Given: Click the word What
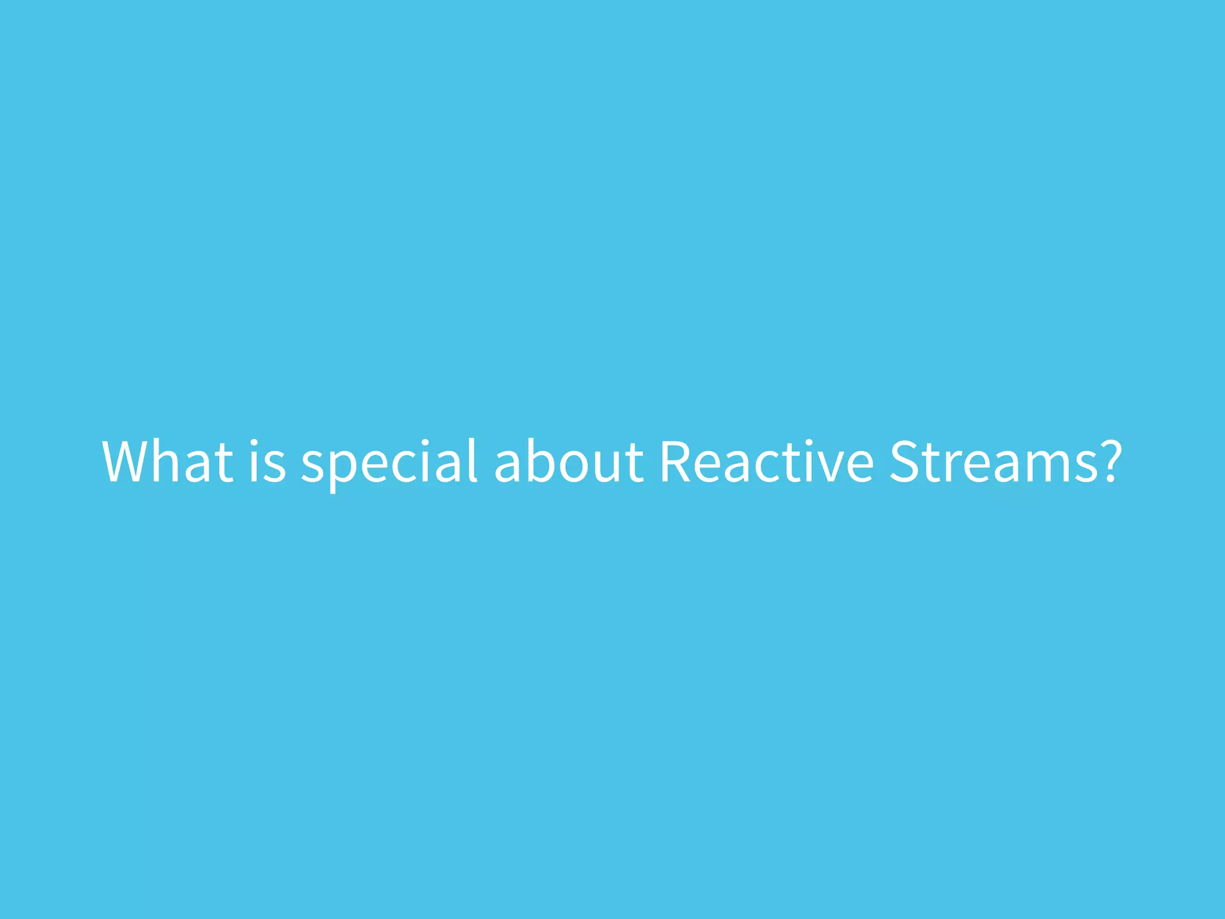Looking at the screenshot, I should (x=168, y=461).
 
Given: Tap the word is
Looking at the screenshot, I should (x=267, y=461).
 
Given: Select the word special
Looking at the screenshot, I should (x=389, y=461).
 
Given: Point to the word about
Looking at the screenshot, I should (x=569, y=461).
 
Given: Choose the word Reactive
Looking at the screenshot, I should (x=766, y=461).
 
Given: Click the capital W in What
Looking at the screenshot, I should (x=129, y=461).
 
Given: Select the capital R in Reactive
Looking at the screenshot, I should (x=676, y=461).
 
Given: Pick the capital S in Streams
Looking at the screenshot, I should (x=904, y=461).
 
